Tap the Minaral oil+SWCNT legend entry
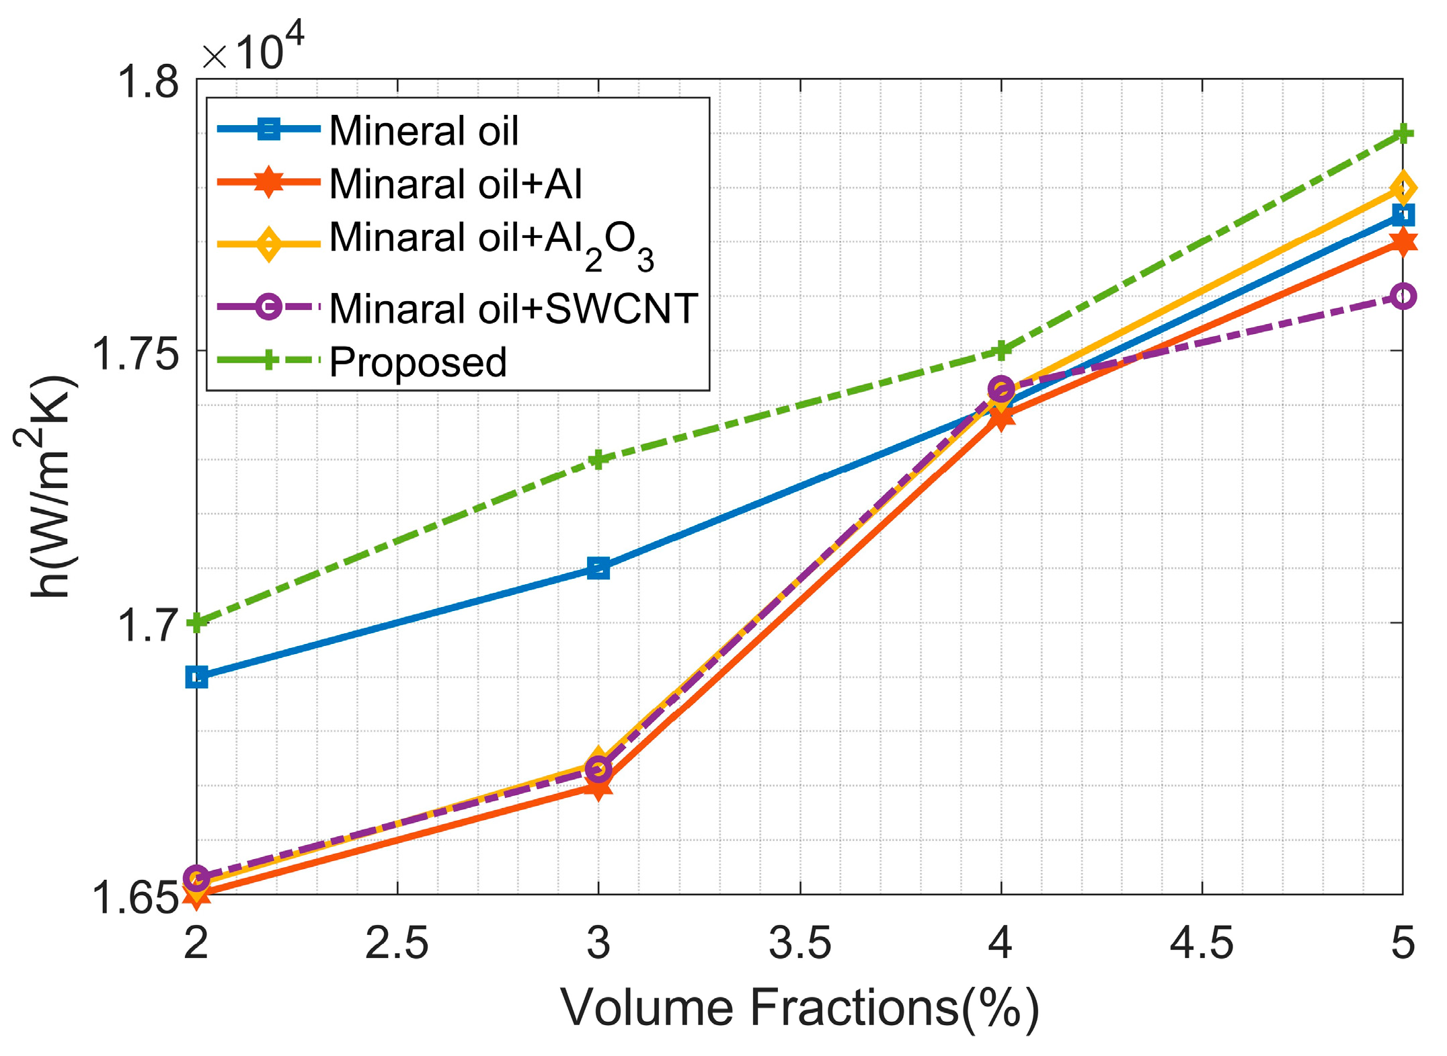point(513,309)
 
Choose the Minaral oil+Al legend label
point(455,184)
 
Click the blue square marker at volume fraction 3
point(598,568)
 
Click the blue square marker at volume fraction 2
point(196,677)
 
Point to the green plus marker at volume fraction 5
point(1402,134)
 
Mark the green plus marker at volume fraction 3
point(598,460)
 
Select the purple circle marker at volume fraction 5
point(1402,296)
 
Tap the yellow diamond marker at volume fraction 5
point(1402,188)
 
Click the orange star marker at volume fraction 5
point(1402,242)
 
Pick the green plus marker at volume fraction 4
point(1001,350)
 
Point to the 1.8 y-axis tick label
point(149,82)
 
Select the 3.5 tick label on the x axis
point(799,942)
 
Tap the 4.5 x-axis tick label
point(1201,942)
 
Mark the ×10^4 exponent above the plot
point(253,48)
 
